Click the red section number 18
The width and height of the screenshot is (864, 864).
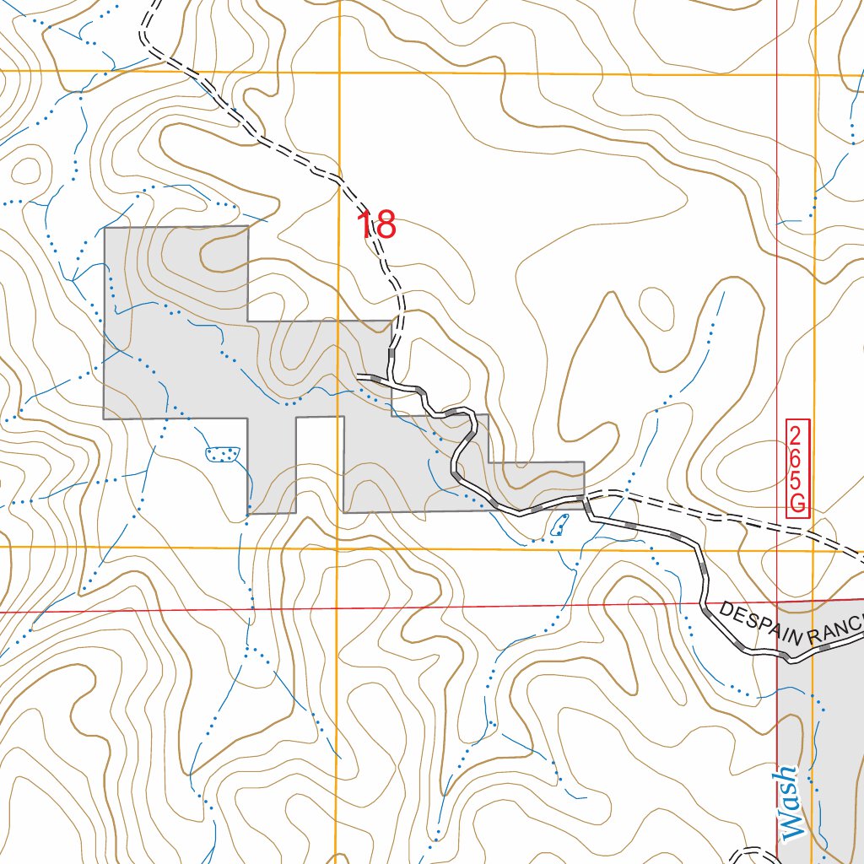pos(376,225)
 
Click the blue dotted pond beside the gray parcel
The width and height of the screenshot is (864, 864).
pos(223,454)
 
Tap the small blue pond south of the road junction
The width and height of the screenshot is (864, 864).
pos(559,526)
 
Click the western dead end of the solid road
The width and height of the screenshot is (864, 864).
pos(359,375)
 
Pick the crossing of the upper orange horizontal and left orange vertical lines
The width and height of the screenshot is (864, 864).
pos(338,73)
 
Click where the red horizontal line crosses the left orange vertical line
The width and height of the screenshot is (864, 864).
pos(337,607)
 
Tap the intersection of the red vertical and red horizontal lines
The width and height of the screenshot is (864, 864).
pos(777,601)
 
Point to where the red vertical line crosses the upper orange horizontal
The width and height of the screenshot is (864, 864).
pos(777,75)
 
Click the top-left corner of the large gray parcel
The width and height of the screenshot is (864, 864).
pos(105,228)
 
